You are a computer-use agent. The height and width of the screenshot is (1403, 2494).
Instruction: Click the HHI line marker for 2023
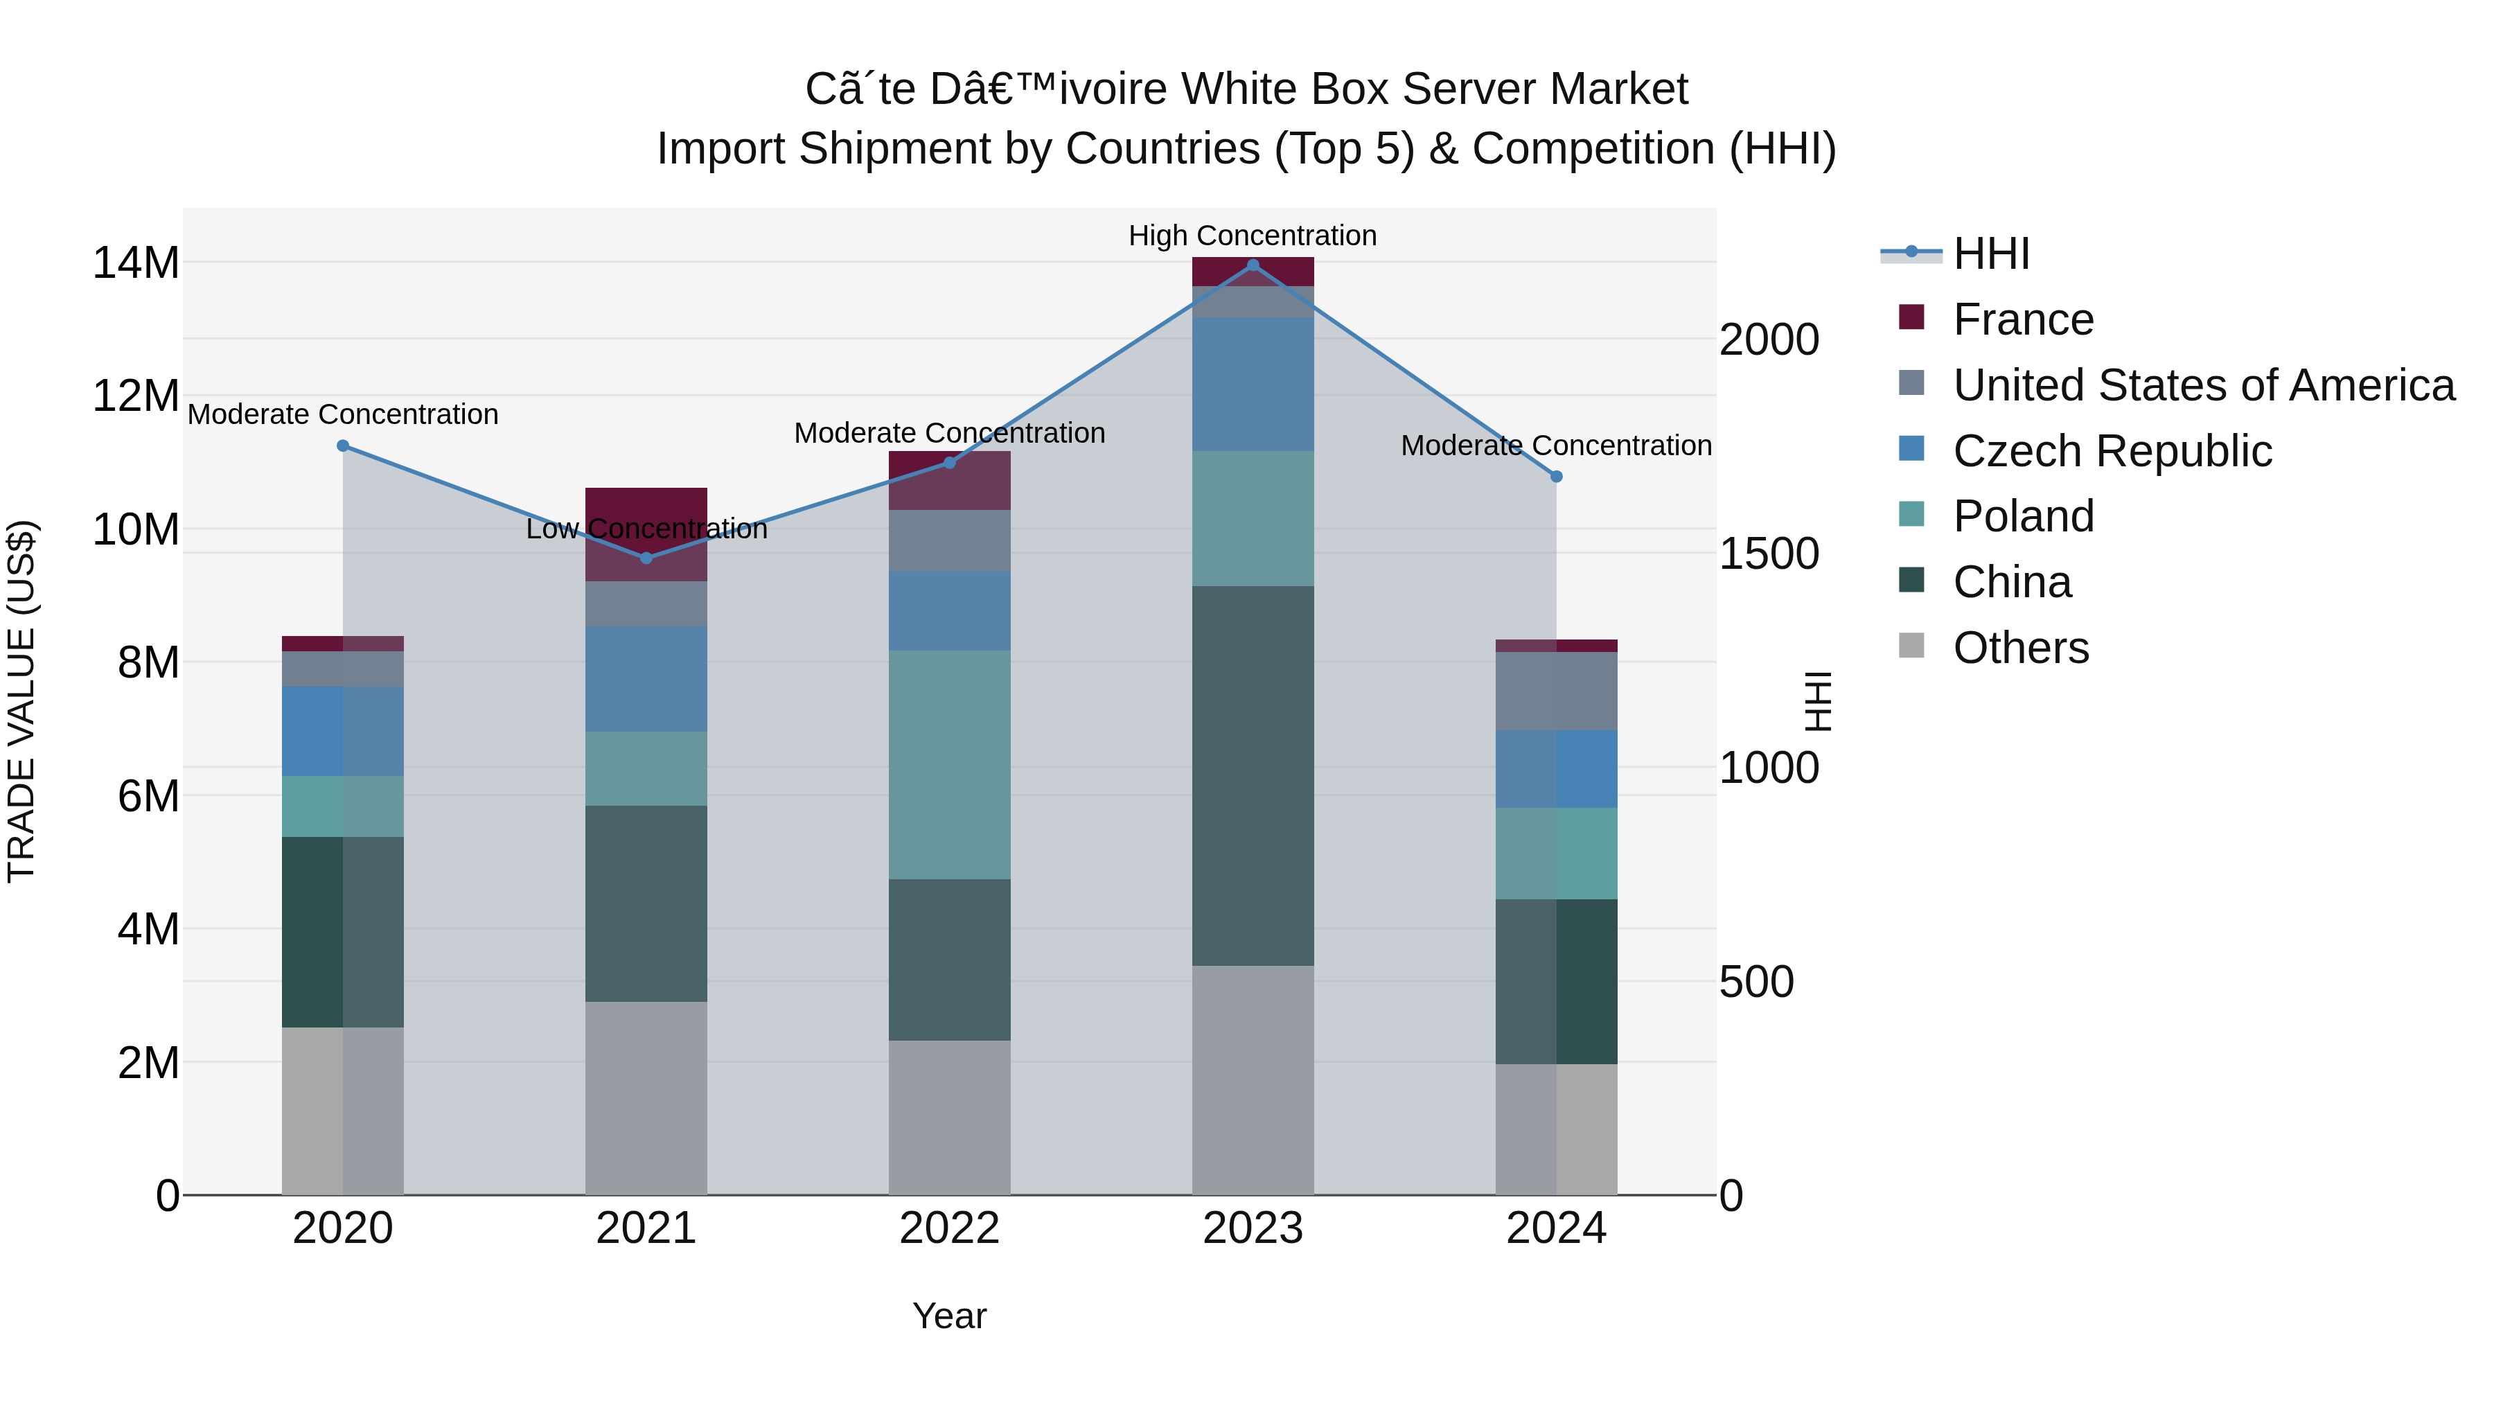[1253, 265]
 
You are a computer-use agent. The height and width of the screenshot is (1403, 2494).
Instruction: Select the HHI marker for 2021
[647, 558]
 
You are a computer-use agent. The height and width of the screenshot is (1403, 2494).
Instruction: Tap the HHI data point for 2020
[343, 445]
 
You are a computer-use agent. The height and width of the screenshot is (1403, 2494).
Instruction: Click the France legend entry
[2022, 319]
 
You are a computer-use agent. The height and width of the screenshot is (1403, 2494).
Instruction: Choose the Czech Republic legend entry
[2112, 451]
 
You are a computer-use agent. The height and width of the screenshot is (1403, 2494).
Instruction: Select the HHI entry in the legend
[1990, 254]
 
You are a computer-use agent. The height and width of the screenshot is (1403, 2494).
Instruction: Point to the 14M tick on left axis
[136, 263]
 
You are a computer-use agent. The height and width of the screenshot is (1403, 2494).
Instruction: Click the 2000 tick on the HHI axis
[1769, 340]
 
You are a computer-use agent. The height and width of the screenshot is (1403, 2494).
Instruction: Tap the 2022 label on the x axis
[949, 1228]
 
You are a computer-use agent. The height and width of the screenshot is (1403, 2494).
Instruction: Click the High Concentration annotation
[1252, 236]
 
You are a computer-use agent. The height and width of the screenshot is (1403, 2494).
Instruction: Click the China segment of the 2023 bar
[1253, 775]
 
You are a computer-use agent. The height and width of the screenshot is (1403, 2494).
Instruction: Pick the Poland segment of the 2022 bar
[949, 765]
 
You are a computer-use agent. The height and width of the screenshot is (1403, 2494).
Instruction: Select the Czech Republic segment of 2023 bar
[1253, 383]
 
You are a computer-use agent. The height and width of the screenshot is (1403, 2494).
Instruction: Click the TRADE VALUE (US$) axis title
[21, 701]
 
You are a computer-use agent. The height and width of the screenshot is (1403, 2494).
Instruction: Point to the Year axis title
[949, 1316]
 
